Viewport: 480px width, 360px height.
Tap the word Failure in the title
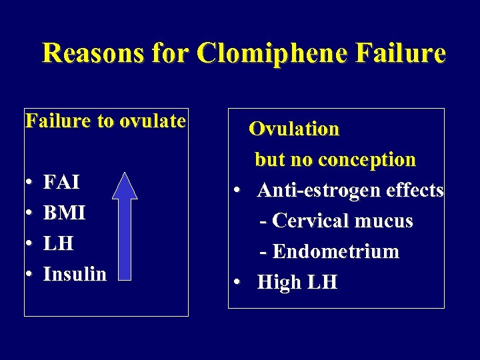402,53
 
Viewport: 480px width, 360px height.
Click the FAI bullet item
61,181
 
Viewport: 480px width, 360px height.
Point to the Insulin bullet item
75,274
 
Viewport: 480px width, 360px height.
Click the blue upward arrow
125,223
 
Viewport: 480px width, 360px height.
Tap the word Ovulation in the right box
294,129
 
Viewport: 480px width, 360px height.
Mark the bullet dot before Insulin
30,275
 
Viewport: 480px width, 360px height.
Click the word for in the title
172,53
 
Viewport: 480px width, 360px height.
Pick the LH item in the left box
58,243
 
